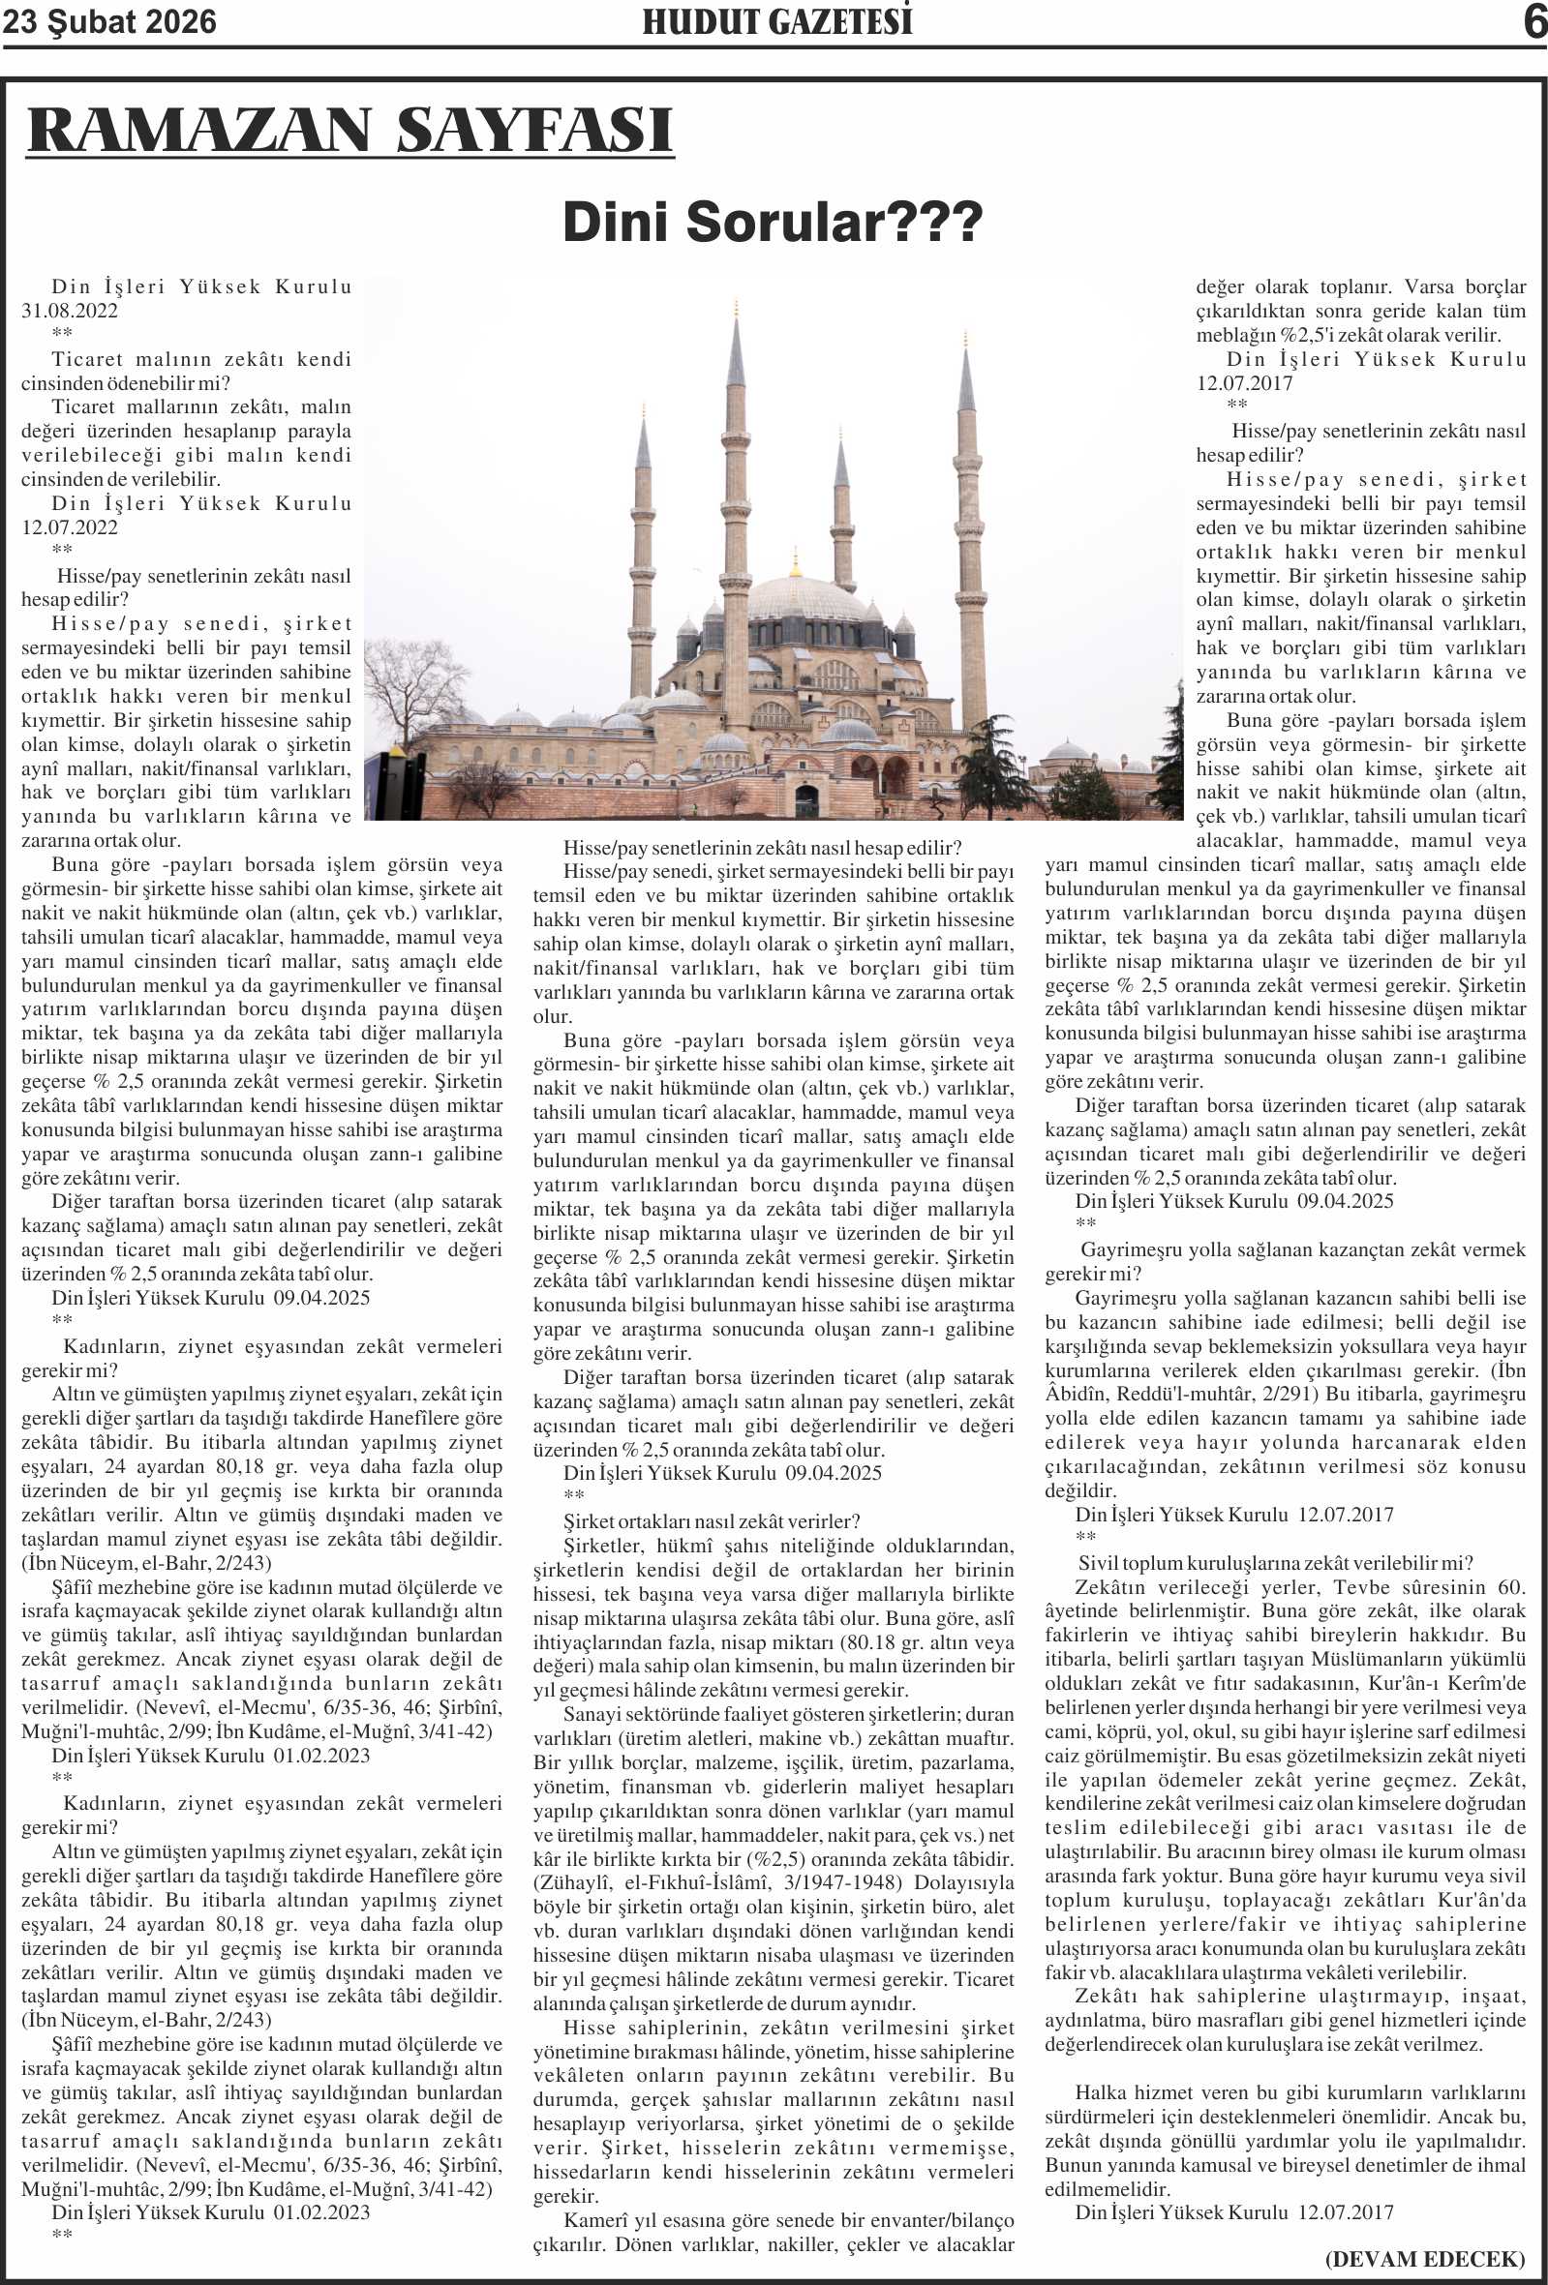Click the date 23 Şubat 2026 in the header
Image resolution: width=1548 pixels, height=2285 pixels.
pos(109,21)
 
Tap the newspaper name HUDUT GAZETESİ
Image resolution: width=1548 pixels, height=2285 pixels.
pos(777,21)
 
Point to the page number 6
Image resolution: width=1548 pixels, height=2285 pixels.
pos(1534,21)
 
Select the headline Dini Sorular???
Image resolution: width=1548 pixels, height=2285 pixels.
pos(772,223)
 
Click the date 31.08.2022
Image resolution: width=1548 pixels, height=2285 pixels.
pos(70,311)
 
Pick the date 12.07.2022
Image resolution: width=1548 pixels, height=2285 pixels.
pos(70,527)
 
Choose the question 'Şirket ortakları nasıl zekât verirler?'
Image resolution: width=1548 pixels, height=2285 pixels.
pos(711,1521)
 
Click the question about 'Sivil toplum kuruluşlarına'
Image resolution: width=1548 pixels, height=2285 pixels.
pos(1276,1563)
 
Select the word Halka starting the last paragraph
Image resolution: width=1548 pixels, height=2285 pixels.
pos(1101,2092)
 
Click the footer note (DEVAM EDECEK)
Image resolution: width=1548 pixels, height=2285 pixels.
pos(1425,2259)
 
